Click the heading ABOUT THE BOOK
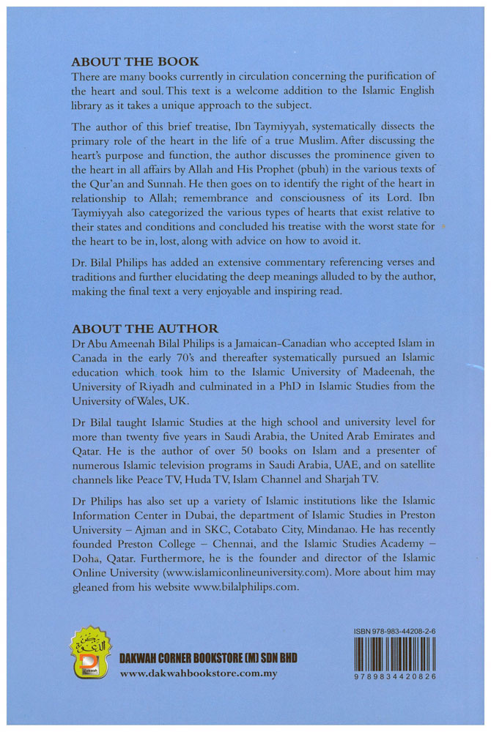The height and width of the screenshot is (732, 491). pyautogui.click(x=135, y=61)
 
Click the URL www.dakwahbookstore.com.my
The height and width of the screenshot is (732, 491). pyautogui.click(x=199, y=673)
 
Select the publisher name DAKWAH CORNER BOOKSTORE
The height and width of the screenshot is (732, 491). pyautogui.click(x=199, y=658)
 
